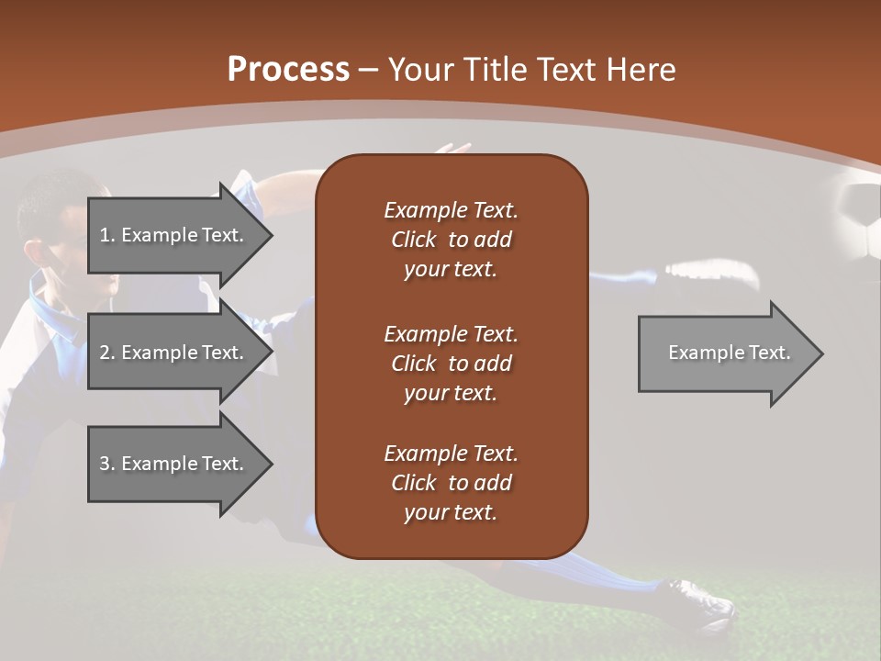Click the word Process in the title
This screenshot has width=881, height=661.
[x=288, y=70]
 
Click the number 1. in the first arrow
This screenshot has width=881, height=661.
[x=107, y=235]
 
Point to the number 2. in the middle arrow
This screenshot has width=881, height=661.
[x=107, y=353]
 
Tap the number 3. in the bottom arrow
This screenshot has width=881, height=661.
[x=107, y=464]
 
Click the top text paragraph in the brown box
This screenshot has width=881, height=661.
[x=451, y=240]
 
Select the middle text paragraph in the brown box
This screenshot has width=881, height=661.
[x=451, y=363]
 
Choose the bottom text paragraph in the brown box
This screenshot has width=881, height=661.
[x=451, y=483]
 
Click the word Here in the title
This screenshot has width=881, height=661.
[x=642, y=70]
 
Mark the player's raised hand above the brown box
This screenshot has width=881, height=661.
[x=453, y=148]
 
